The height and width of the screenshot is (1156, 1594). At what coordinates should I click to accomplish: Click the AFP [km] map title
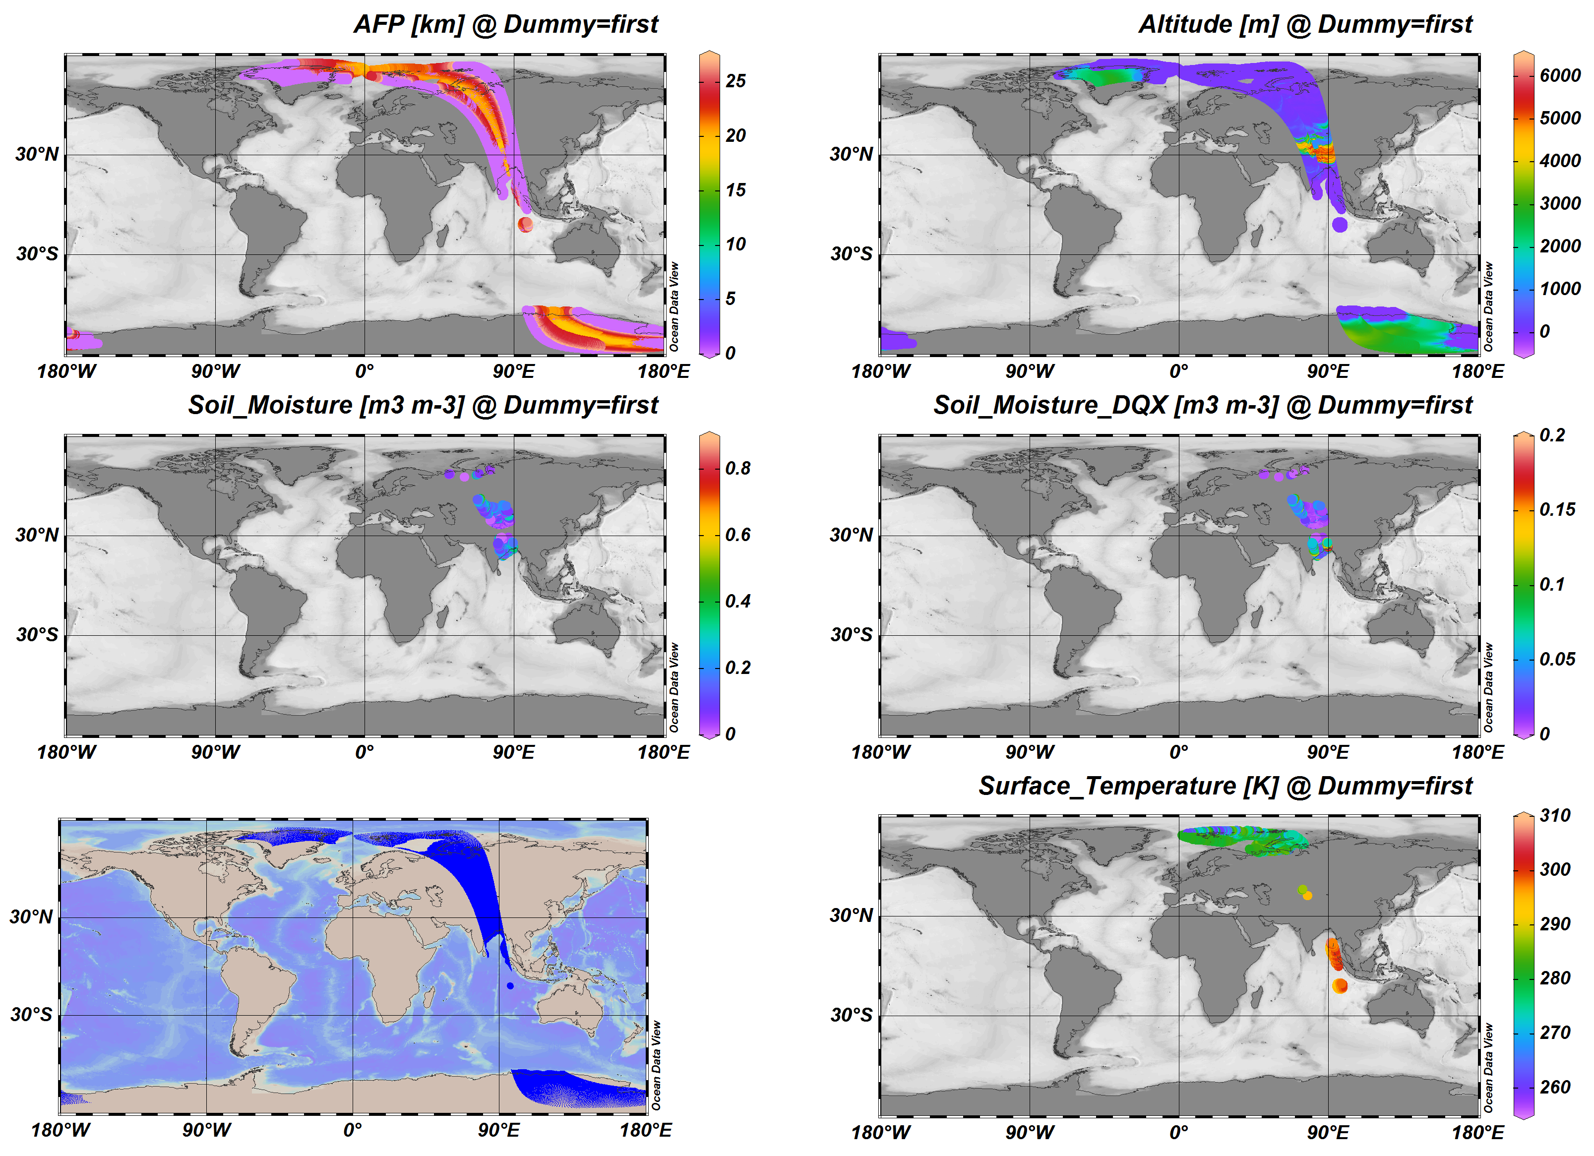click(x=505, y=25)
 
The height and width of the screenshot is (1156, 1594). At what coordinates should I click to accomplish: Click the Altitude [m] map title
click(x=1305, y=25)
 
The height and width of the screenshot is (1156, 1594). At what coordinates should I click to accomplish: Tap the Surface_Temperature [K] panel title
click(x=1225, y=787)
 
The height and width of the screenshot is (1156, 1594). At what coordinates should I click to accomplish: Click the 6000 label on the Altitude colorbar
click(x=1560, y=76)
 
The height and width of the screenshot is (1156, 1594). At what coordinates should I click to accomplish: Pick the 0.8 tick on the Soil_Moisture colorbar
click(x=737, y=469)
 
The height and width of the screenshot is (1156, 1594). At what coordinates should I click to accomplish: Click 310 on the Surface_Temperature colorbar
click(x=1555, y=816)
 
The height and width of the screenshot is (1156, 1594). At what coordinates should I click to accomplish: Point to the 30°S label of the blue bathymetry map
click(x=31, y=1015)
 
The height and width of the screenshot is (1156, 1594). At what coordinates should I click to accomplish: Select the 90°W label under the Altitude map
click(x=1030, y=372)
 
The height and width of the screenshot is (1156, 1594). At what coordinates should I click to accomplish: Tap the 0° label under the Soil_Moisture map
click(x=364, y=753)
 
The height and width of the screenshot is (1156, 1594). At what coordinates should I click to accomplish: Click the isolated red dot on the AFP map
click(x=526, y=225)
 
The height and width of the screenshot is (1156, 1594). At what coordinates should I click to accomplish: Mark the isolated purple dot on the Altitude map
click(x=1340, y=225)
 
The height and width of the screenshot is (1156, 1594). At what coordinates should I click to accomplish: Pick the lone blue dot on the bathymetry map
click(x=510, y=986)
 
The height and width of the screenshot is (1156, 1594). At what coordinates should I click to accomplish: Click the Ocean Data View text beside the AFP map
click(x=674, y=307)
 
